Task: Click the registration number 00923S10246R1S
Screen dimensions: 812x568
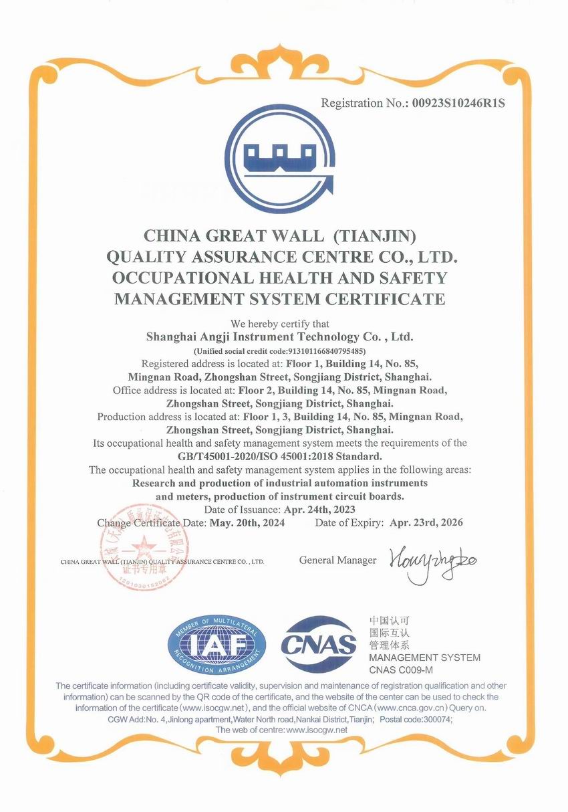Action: pos(459,104)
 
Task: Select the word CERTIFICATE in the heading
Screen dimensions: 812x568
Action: pos(379,298)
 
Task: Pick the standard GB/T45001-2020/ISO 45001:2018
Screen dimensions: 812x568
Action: pos(280,456)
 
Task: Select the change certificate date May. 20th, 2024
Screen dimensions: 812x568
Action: pos(247,523)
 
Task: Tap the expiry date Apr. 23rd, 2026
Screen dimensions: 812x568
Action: pos(426,523)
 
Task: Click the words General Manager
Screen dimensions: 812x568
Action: pos(337,561)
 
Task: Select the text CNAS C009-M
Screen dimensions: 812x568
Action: pos(401,670)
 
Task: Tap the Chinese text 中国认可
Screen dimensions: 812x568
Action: pos(389,621)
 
